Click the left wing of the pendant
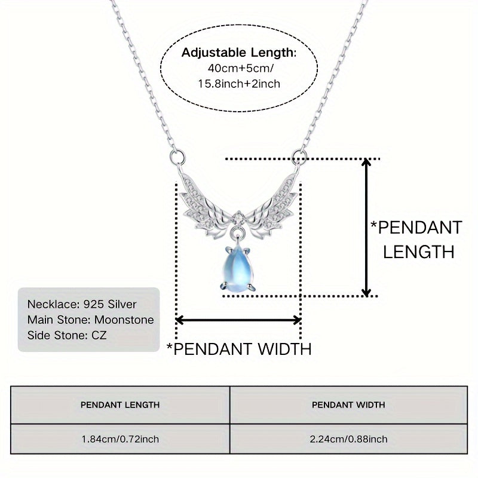pos(204,197)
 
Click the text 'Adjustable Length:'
pos(238,53)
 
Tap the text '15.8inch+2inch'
pos(239,84)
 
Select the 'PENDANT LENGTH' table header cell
pos(120,405)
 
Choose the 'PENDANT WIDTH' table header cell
pos(348,405)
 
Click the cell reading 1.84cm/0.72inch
pos(120,439)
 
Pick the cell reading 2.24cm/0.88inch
pos(348,439)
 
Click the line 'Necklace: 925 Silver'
pos(82,304)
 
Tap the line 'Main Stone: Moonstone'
pos(90,320)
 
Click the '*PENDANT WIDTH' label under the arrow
pos(238,348)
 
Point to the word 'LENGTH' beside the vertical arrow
pos(419,252)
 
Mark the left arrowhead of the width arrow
pos(179,320)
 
